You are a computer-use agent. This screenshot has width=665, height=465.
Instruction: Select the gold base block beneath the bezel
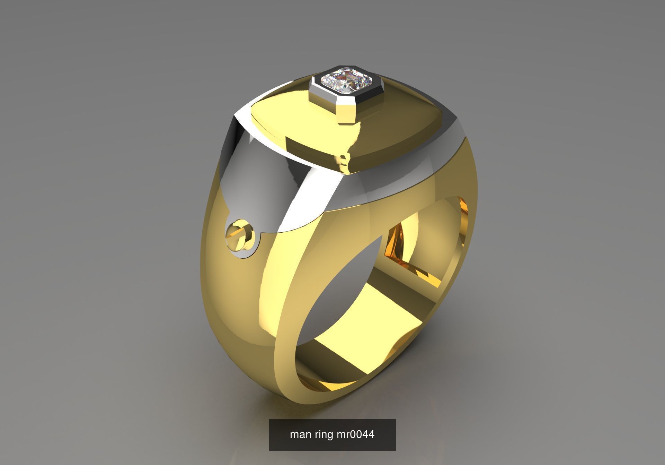(346, 111)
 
